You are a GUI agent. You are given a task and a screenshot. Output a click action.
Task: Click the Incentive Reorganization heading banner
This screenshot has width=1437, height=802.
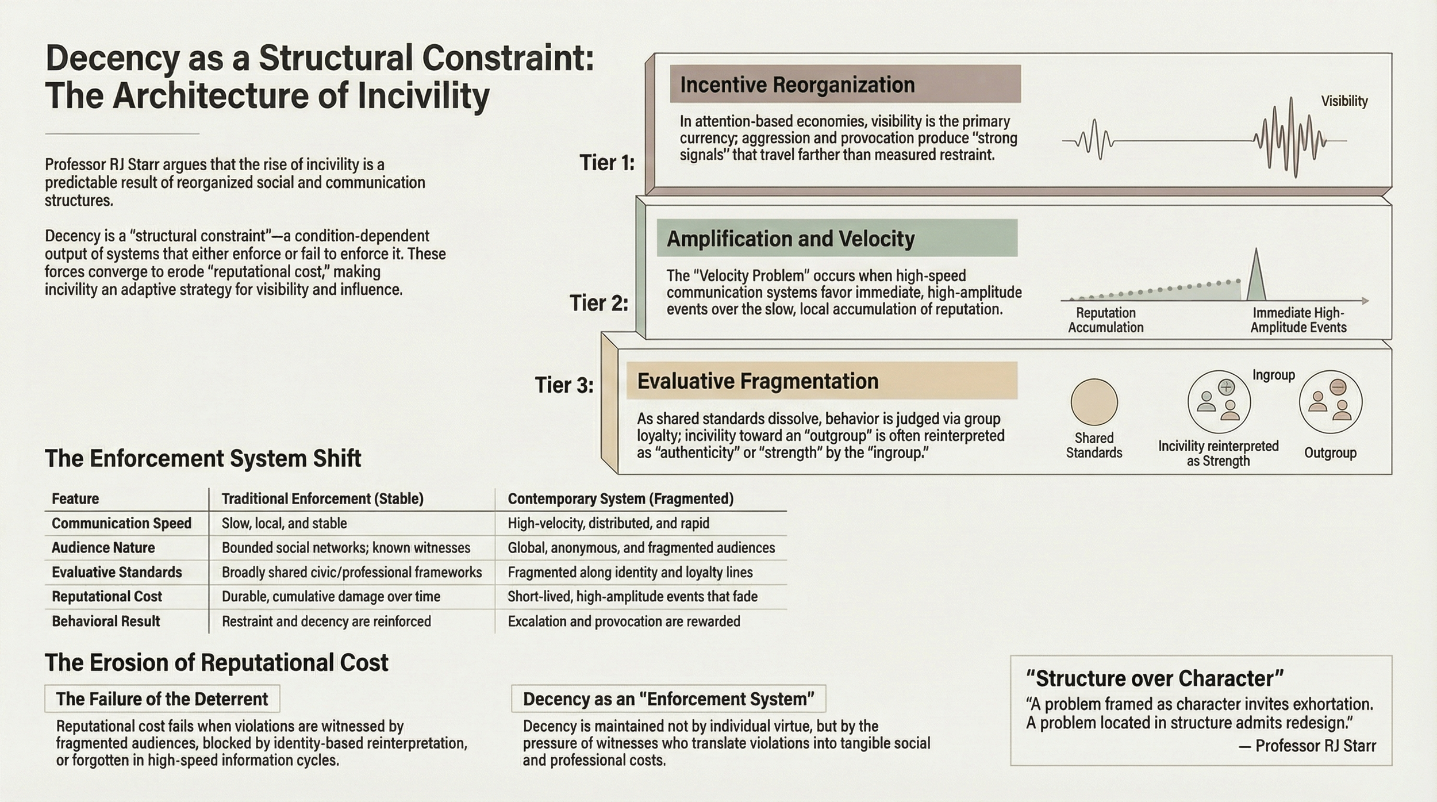[x=845, y=85]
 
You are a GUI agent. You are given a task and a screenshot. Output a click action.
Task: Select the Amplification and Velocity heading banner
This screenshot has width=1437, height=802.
[x=836, y=238]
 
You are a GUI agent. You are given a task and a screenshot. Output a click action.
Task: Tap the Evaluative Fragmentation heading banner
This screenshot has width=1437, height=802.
[x=821, y=381]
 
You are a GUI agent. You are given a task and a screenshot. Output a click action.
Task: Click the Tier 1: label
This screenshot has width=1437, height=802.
[x=607, y=163]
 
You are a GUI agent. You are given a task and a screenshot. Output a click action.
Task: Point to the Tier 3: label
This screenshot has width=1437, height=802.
[x=564, y=385]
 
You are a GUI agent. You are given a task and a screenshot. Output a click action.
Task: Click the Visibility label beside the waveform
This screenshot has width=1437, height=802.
[x=1344, y=101]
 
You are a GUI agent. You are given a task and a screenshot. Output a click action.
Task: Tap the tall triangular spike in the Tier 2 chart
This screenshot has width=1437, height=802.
[x=1256, y=276]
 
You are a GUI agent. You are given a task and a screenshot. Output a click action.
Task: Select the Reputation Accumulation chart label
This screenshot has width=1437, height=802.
[x=1105, y=320]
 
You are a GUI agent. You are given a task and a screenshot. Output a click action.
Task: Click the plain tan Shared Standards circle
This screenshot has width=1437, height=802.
[x=1094, y=402]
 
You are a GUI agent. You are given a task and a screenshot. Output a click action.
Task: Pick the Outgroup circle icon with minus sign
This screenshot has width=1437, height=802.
[x=1330, y=402]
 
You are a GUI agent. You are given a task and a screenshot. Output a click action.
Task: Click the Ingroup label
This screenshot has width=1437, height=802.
[x=1273, y=375]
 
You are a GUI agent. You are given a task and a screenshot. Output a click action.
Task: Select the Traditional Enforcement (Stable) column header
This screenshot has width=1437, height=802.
[x=322, y=498]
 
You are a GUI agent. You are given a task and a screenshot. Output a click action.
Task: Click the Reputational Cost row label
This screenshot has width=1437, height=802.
[x=107, y=597]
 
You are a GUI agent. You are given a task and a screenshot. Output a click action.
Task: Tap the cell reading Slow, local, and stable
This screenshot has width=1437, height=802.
[x=285, y=523]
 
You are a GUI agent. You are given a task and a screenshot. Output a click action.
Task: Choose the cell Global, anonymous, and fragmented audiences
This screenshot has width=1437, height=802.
[x=641, y=548]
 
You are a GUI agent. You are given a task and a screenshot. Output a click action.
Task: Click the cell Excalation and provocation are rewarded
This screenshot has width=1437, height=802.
[x=624, y=621]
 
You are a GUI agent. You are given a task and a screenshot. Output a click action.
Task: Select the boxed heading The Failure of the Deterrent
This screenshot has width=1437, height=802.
[x=162, y=699]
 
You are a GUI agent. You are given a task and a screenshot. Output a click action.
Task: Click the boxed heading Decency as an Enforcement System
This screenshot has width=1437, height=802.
[x=668, y=699]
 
